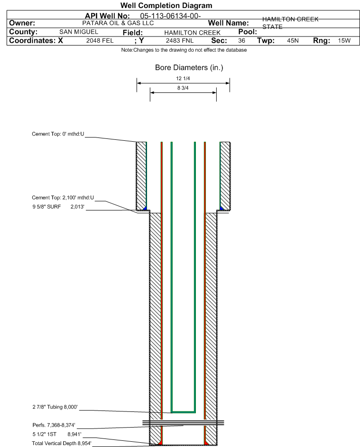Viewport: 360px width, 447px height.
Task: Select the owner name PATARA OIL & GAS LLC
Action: pyautogui.click(x=118, y=23)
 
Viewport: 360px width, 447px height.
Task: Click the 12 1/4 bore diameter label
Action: pyautogui.click(x=183, y=79)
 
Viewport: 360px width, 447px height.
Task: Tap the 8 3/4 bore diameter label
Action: pyautogui.click(x=183, y=88)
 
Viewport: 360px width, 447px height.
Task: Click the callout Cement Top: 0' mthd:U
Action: pyautogui.click(x=58, y=134)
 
